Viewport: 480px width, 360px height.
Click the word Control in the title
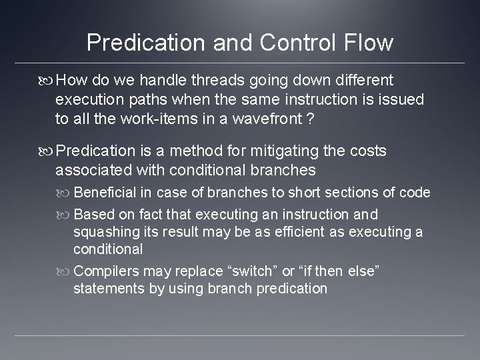tap(289, 43)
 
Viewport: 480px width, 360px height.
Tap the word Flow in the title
tap(369, 43)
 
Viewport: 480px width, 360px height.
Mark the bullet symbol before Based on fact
tap(65, 215)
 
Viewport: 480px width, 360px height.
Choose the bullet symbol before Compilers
tap(65, 272)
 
